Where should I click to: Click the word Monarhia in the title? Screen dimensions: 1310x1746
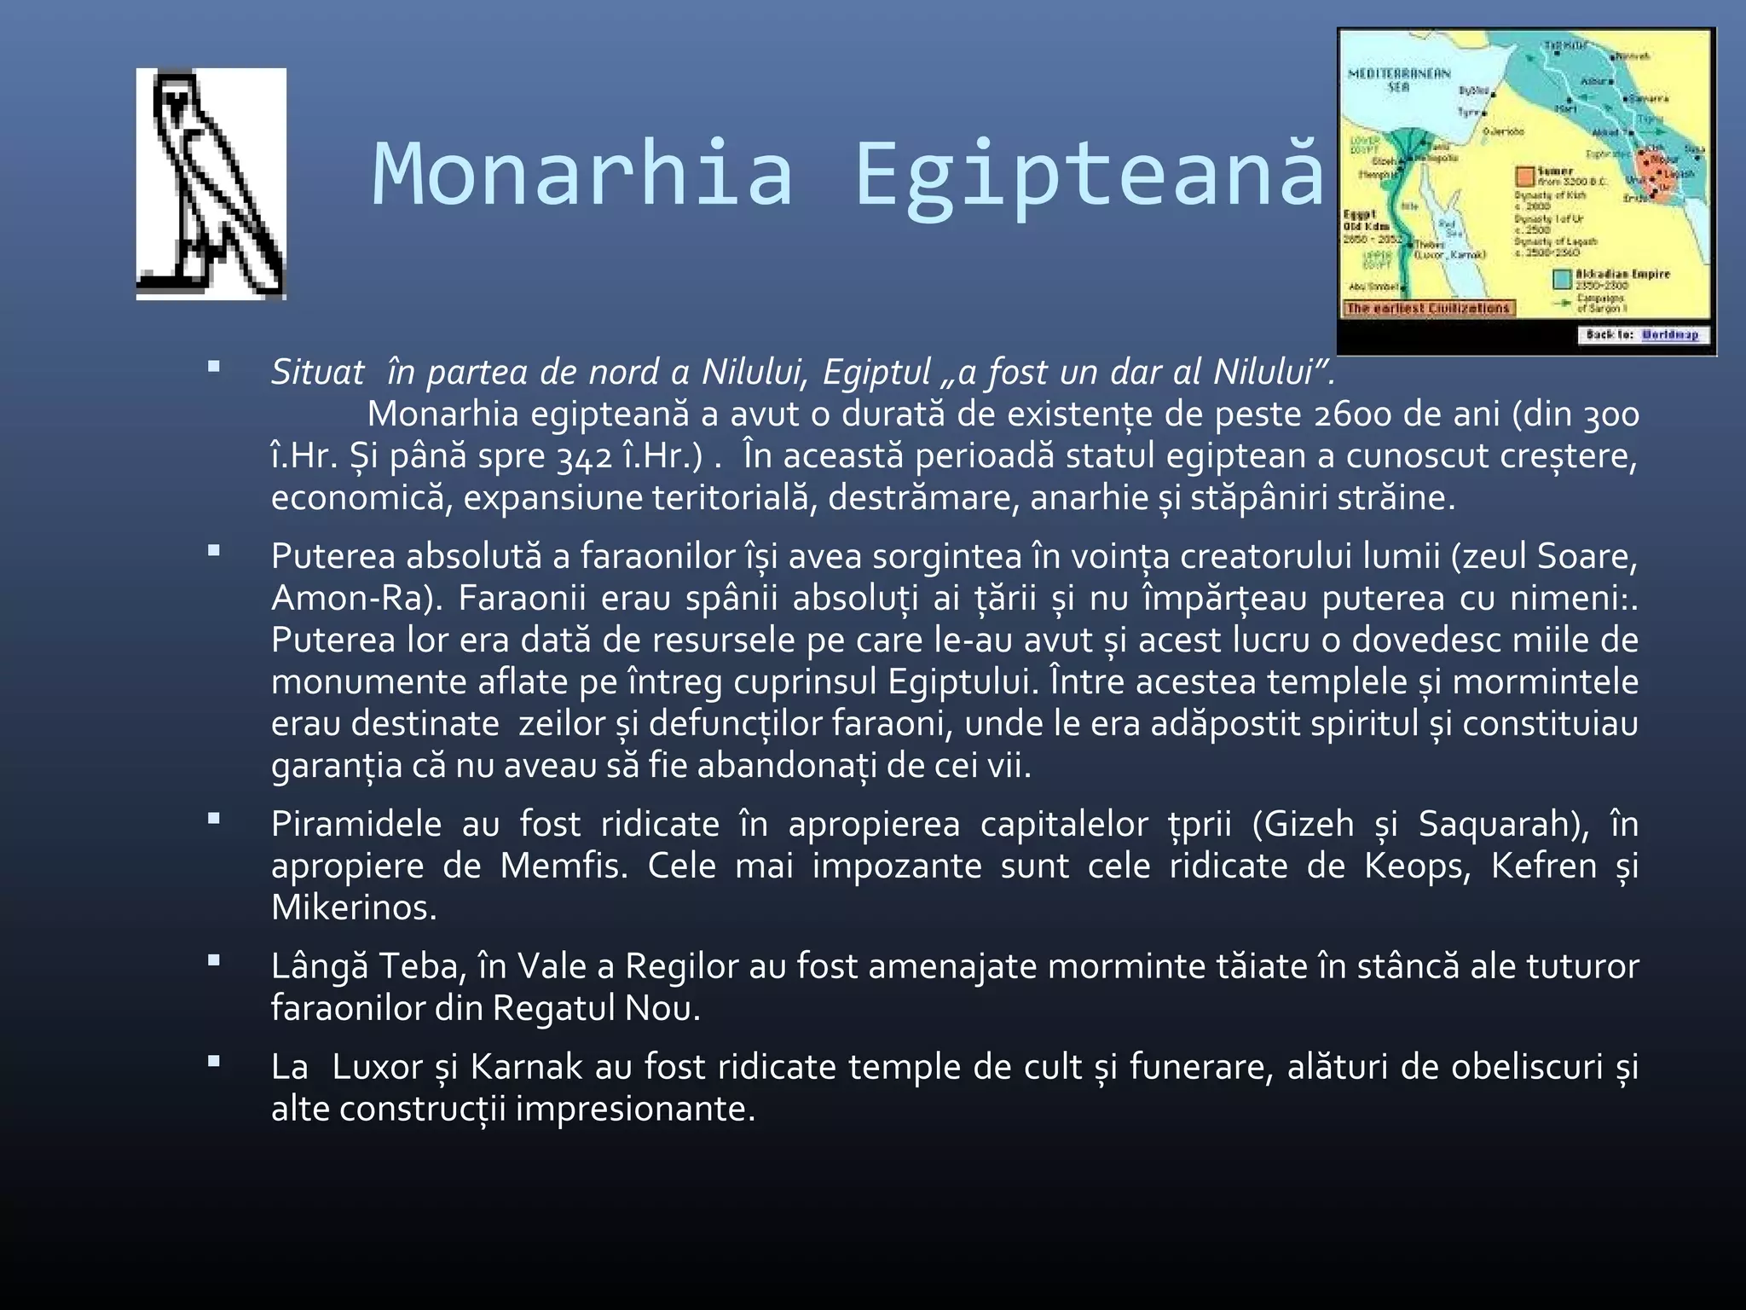(583, 175)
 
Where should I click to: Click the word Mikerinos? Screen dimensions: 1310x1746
(353, 908)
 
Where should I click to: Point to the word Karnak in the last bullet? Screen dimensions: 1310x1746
(526, 1068)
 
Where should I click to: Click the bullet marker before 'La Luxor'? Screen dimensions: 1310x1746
(213, 1063)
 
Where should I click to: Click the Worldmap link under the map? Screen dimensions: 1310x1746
(1670, 335)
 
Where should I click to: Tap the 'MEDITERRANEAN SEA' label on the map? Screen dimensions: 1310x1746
(1398, 79)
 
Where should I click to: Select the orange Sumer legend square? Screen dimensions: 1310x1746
(1524, 177)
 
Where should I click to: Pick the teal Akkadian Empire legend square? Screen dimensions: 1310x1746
(1562, 279)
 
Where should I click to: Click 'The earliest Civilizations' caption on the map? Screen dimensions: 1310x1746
(1428, 309)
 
